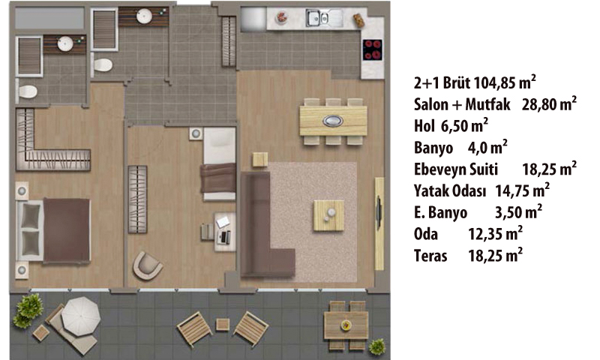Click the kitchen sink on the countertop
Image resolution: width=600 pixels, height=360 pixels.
318,18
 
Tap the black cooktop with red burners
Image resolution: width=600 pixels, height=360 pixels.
372,49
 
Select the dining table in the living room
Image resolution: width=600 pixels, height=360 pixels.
333,121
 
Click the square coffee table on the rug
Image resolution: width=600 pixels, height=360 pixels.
328,215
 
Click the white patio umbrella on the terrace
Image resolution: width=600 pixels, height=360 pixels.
81,316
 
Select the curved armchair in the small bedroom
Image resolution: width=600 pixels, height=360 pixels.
147,265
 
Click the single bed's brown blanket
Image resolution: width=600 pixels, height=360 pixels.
218,178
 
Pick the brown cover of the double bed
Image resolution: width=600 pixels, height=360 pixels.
67,230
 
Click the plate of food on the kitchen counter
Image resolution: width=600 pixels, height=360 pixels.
282,17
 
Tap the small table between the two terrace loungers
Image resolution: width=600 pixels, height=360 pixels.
223,325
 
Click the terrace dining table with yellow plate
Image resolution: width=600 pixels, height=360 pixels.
346,325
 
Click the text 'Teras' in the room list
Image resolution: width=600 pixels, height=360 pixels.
430,256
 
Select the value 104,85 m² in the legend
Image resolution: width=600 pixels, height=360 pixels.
504,82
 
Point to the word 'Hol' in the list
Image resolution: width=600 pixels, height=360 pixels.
424,126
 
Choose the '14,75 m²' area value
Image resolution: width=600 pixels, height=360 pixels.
522,190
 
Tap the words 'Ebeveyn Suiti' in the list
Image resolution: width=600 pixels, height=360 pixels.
456,169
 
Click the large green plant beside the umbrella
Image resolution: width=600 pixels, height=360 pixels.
28,310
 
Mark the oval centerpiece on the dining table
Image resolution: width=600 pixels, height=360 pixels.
333,121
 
